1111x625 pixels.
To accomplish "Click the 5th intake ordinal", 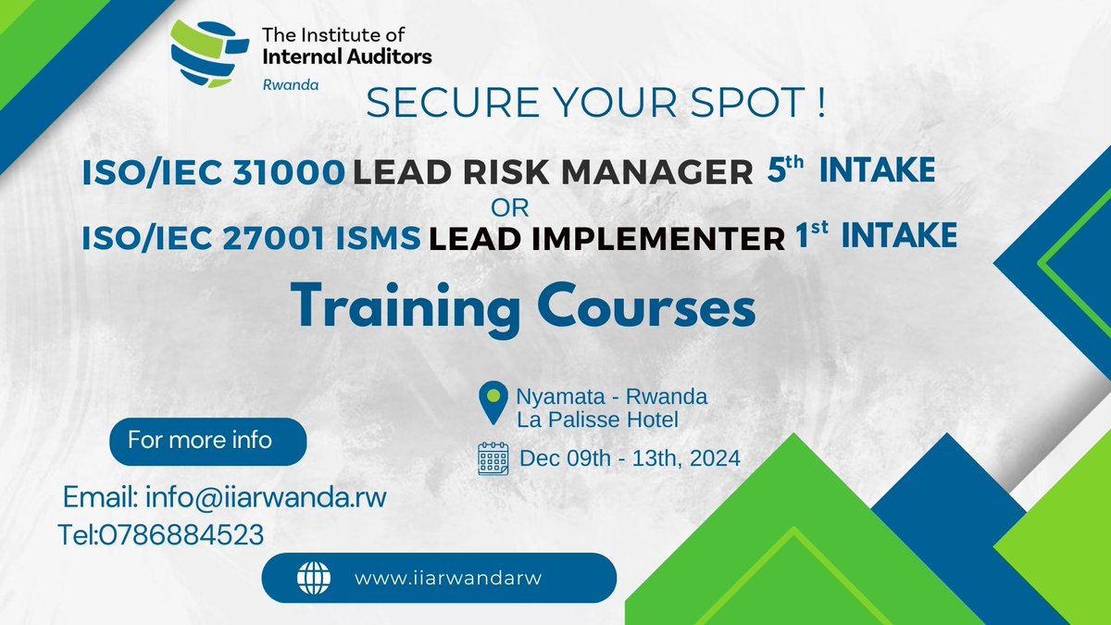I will (x=785, y=169).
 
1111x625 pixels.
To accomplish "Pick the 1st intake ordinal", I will (x=811, y=236).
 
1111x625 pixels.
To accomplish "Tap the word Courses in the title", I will (x=654, y=307).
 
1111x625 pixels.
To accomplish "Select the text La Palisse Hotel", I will (x=597, y=419).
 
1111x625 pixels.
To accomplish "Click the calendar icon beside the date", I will (x=493, y=458).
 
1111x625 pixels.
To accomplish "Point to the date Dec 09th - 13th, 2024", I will (x=630, y=457).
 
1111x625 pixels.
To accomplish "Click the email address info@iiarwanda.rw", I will (x=266, y=498).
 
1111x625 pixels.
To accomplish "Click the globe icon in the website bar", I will (x=313, y=578).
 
